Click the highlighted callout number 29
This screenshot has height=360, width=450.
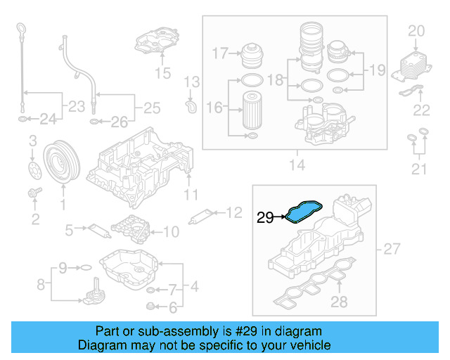264,218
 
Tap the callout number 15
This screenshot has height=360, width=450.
163,72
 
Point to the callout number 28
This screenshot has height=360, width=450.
339,302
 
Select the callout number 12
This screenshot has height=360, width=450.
233,211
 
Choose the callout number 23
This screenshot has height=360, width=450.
72,107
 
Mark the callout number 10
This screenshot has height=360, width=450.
171,230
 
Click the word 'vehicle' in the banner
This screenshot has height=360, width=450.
307,345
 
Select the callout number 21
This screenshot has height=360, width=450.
419,168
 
